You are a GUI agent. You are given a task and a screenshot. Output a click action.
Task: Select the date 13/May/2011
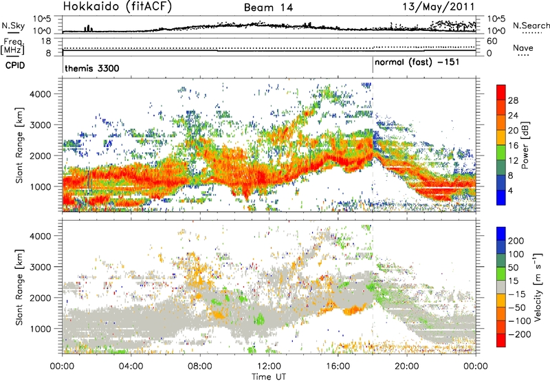[x=443, y=8]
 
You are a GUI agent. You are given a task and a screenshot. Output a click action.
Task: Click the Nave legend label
[x=524, y=48]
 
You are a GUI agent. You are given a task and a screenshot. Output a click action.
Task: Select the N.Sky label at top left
[x=13, y=23]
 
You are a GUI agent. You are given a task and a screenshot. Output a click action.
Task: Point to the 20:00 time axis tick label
[x=406, y=364]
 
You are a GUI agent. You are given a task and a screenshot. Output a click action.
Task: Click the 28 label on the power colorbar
[x=514, y=100]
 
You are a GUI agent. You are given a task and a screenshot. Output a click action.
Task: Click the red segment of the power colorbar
[x=501, y=100]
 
